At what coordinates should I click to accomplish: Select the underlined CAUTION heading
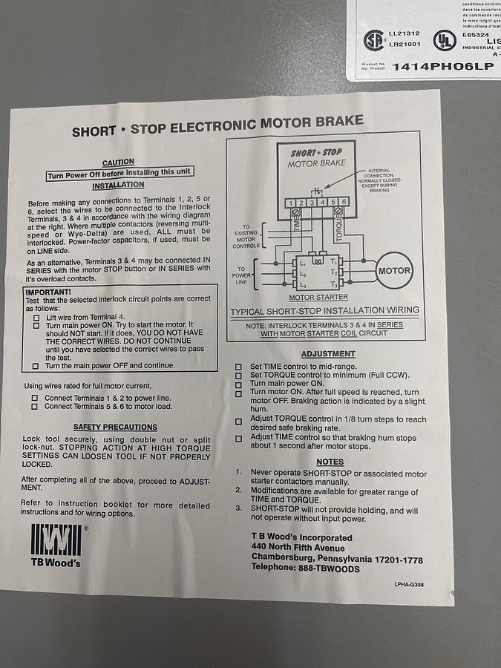(118, 162)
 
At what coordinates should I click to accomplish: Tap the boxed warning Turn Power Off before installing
(119, 172)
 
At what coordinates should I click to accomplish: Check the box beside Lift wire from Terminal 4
(36, 317)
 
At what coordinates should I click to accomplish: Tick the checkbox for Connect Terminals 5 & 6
(35, 407)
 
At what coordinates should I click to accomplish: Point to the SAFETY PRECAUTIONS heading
(115, 428)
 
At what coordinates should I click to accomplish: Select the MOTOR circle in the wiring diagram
(394, 271)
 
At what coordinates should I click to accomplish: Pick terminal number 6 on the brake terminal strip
(344, 202)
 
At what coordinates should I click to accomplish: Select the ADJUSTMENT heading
(327, 355)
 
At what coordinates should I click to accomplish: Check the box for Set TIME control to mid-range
(238, 367)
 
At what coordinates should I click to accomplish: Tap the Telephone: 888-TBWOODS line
(305, 569)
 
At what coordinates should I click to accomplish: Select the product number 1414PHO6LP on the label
(442, 67)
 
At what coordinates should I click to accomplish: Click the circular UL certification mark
(445, 40)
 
